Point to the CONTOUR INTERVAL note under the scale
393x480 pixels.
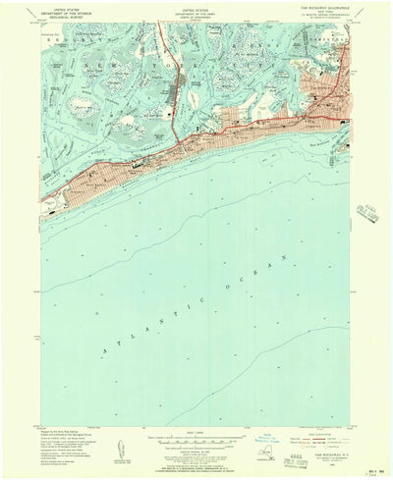(x=196, y=427)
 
